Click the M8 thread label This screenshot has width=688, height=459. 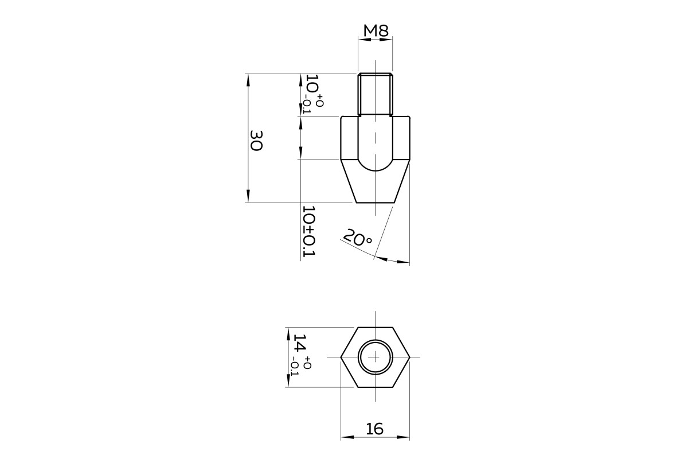pos(376,30)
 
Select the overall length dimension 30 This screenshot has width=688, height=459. pos(256,141)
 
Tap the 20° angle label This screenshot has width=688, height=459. pos(357,238)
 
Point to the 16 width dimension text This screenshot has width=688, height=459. pos(375,429)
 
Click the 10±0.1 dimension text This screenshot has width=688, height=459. pos(309,231)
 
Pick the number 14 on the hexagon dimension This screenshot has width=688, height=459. pos(300,343)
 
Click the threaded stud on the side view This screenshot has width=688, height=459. pos(376,95)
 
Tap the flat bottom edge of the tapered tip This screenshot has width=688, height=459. pos(376,203)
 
